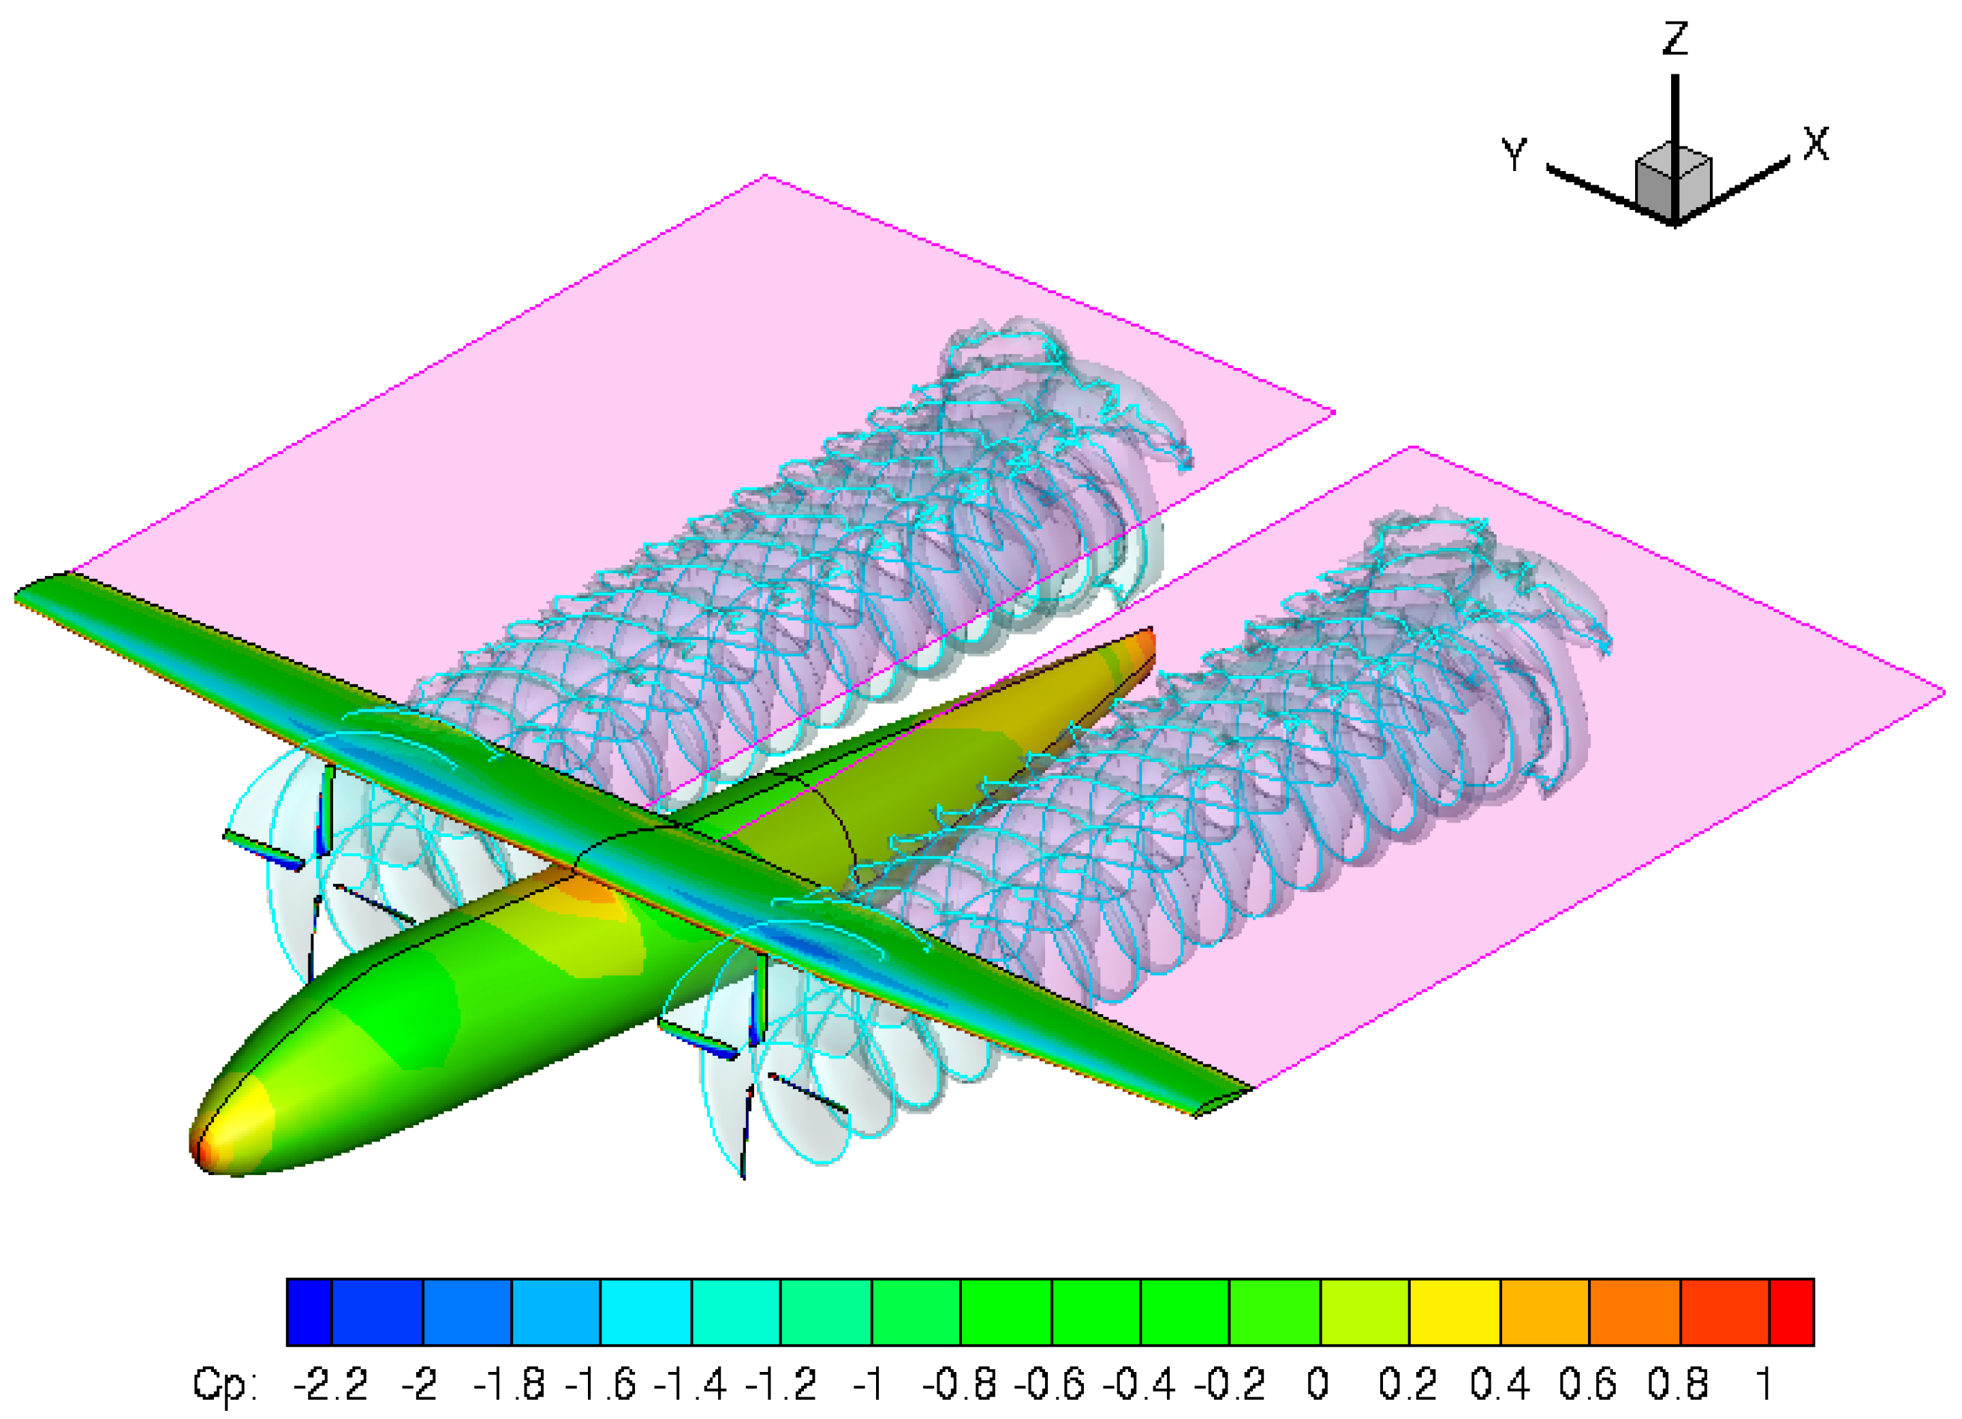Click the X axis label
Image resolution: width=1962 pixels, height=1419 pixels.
(x=1816, y=144)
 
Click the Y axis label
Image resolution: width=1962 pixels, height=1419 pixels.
(x=1514, y=154)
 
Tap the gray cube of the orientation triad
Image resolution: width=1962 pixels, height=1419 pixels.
(x=1673, y=183)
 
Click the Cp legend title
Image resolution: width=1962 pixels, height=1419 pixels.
(x=224, y=1384)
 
